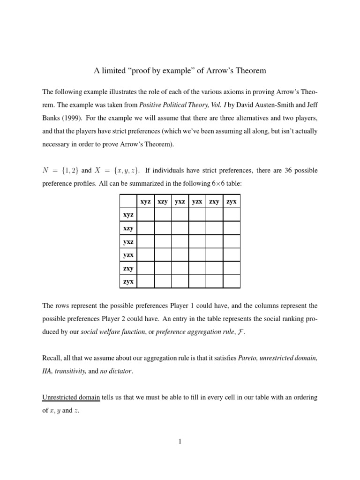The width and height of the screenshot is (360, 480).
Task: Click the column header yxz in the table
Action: (x=180, y=202)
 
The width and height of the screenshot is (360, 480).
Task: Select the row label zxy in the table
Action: (x=128, y=268)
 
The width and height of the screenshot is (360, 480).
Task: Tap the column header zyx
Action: (x=231, y=202)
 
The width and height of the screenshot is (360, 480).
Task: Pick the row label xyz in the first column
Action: (x=128, y=214)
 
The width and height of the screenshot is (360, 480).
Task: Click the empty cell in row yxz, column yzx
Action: (x=197, y=241)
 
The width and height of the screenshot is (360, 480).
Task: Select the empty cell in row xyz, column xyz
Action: (x=145, y=214)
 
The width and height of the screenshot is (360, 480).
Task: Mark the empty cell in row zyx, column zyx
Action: (x=231, y=281)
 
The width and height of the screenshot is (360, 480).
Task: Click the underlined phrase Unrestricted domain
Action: (x=71, y=397)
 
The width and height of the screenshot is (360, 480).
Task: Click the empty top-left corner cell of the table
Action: (x=128, y=202)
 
